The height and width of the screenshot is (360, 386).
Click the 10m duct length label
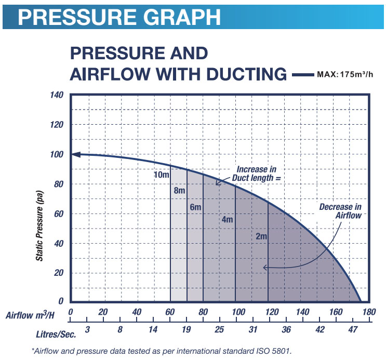(x=162, y=175)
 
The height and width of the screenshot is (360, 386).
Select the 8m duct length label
(x=180, y=191)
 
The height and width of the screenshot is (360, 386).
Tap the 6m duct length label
(x=195, y=207)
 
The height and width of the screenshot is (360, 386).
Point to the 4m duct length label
(x=227, y=219)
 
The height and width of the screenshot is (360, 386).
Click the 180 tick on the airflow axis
(x=368, y=312)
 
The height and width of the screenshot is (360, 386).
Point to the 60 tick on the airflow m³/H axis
(x=169, y=312)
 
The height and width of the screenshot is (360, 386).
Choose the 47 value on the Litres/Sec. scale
(x=352, y=330)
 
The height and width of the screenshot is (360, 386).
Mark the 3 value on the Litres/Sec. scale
(x=87, y=330)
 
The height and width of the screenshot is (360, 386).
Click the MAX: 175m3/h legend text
(x=345, y=74)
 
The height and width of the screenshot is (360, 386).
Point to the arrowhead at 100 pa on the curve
(x=75, y=154)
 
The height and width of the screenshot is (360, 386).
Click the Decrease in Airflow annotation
(x=340, y=211)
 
